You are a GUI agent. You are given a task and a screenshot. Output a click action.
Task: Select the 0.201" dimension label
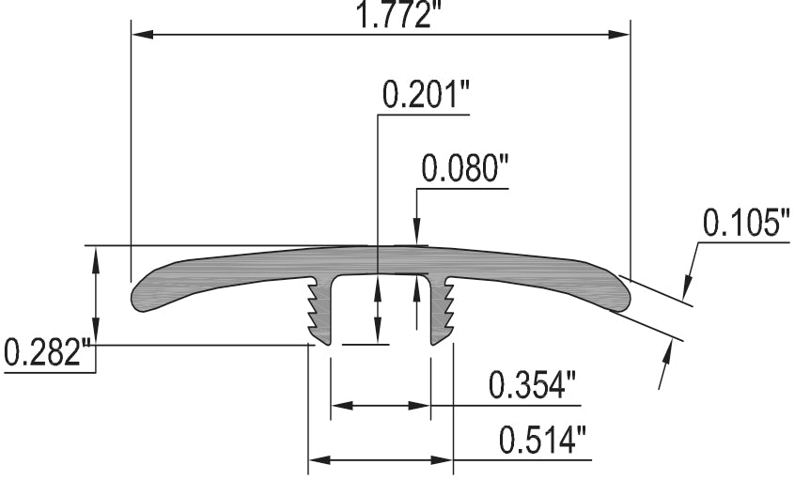click(425, 95)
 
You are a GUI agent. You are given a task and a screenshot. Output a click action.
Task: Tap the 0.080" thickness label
click(464, 169)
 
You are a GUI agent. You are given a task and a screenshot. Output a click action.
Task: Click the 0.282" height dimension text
click(47, 354)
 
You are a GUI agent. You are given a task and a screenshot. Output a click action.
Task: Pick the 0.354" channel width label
click(532, 386)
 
